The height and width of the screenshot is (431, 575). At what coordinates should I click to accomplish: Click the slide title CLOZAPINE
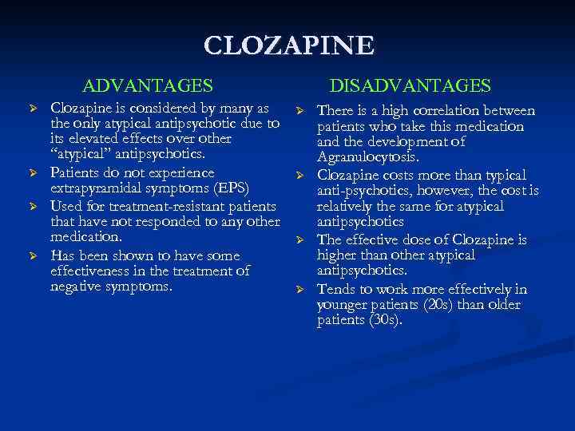pyautogui.click(x=287, y=45)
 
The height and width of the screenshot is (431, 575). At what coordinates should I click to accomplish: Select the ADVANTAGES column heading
pyautogui.click(x=148, y=85)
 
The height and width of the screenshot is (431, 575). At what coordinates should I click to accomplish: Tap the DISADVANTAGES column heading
pyautogui.click(x=410, y=85)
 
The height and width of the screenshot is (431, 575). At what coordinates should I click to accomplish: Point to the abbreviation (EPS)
pyautogui.click(x=228, y=188)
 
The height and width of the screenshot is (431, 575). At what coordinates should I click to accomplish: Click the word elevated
pyautogui.click(x=93, y=139)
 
